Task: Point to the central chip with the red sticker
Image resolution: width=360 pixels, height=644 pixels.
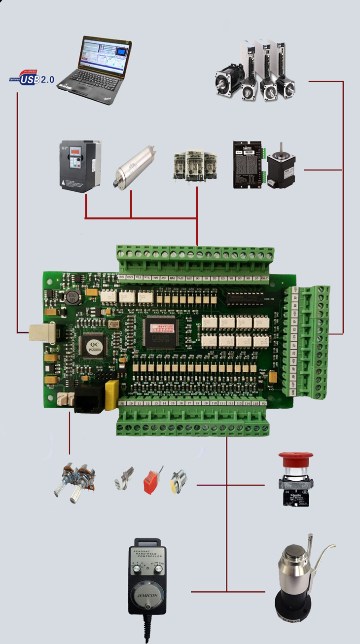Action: (164, 327)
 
